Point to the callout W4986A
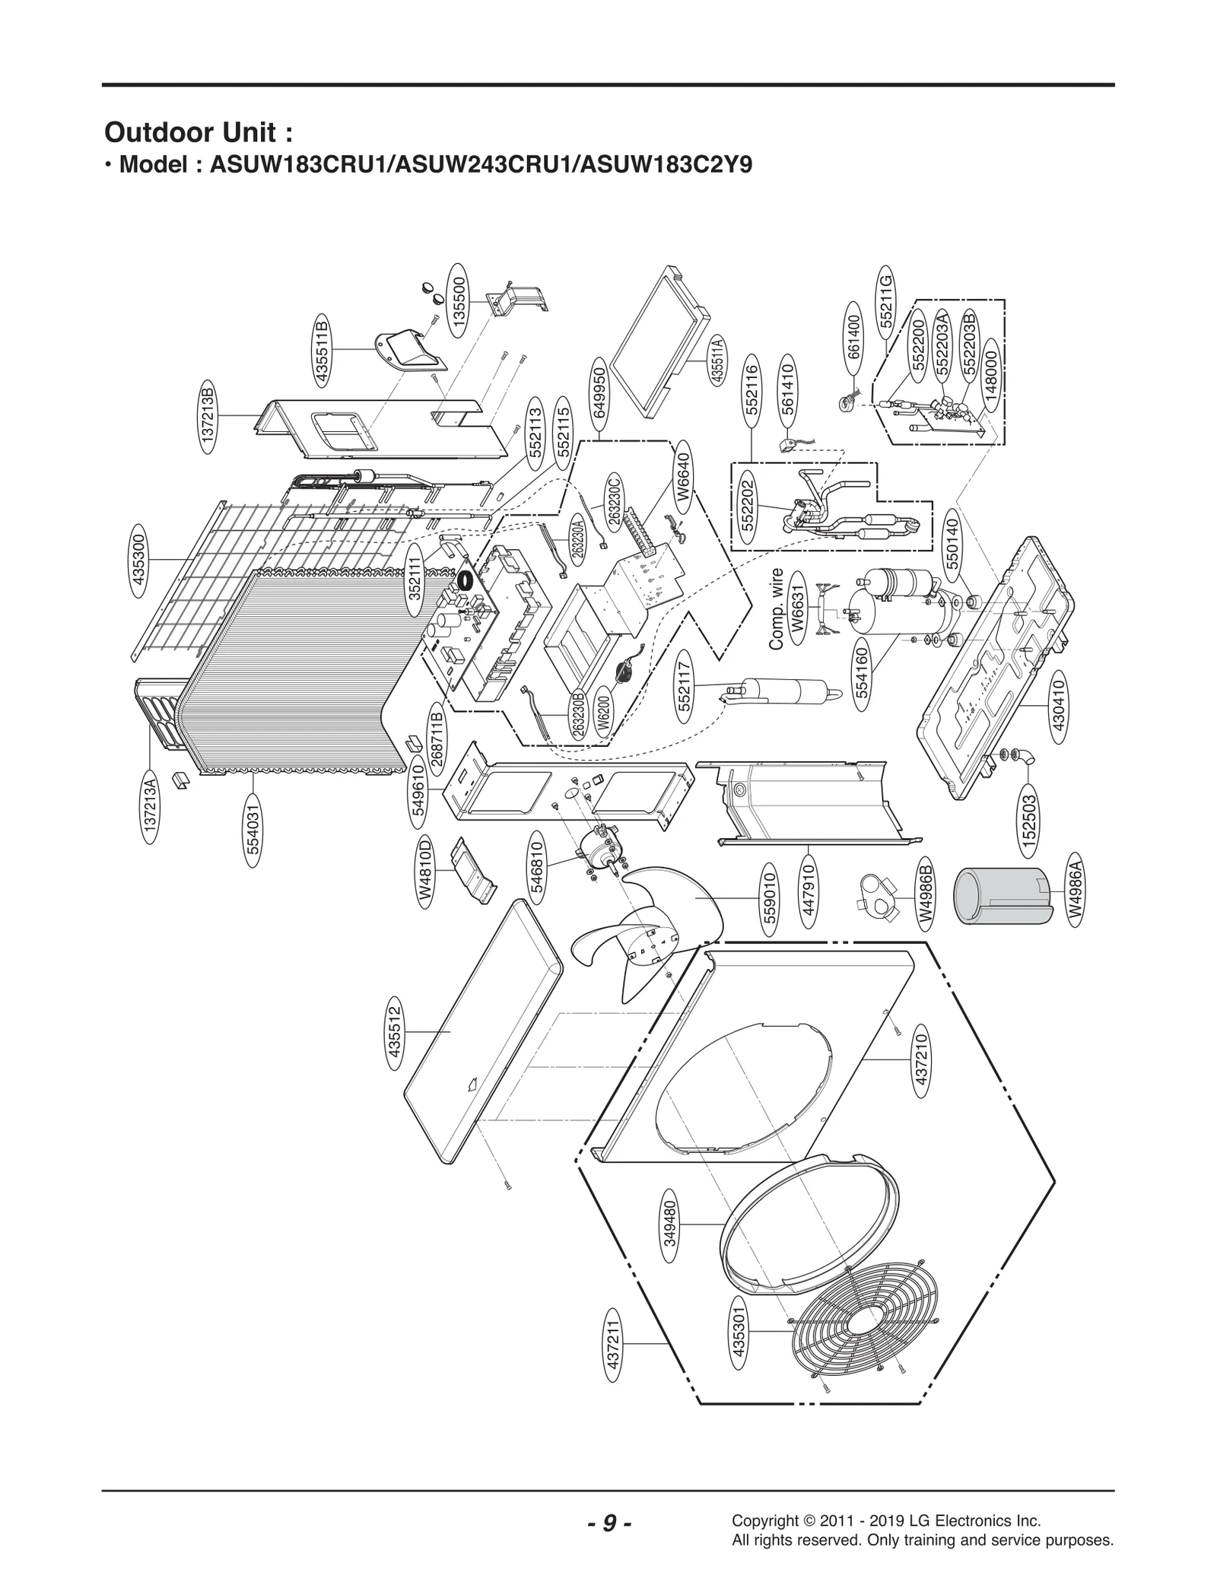click(x=1076, y=889)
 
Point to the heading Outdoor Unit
click(x=199, y=132)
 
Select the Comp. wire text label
click(x=777, y=608)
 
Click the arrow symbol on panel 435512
click(x=472, y=1083)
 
